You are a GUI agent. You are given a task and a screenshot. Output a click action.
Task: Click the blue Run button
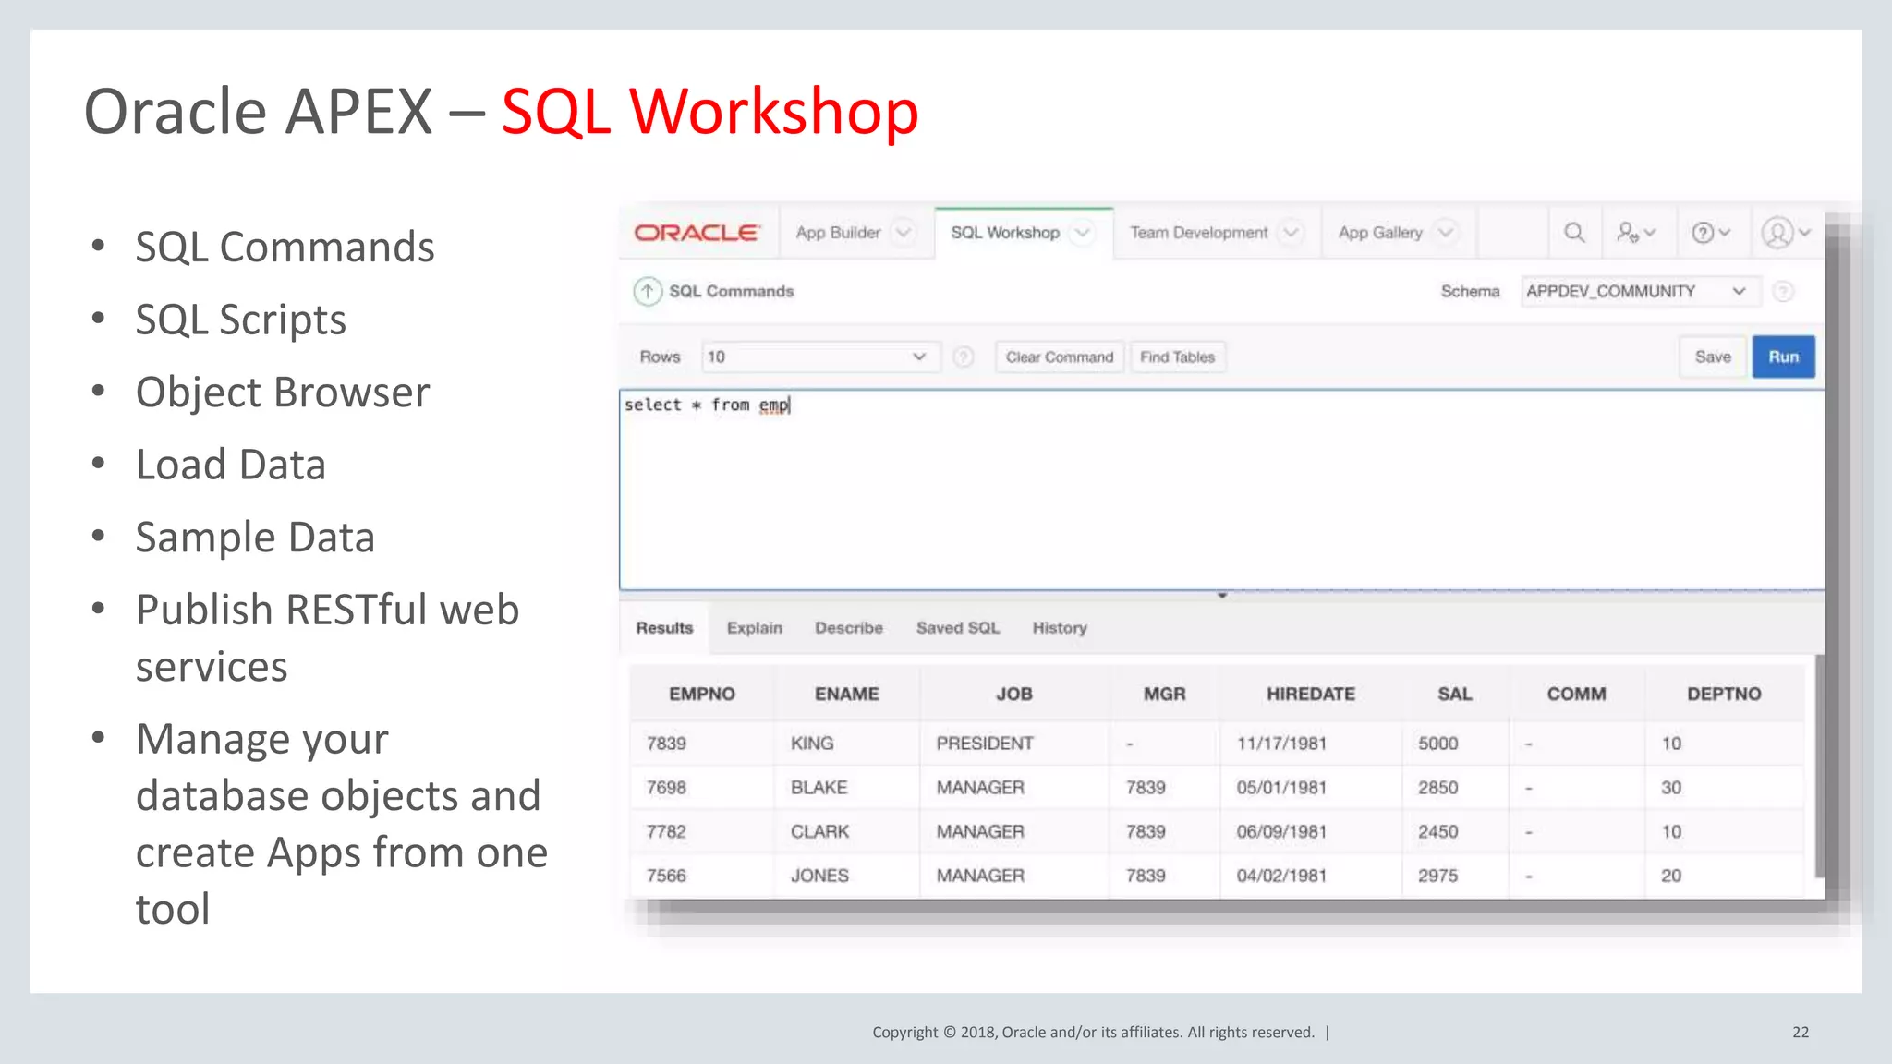[x=1783, y=357]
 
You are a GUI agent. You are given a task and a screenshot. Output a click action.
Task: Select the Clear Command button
[x=1059, y=357]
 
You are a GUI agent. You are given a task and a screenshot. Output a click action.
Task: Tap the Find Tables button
[x=1177, y=357]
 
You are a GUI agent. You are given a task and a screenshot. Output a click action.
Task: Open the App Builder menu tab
[x=838, y=233]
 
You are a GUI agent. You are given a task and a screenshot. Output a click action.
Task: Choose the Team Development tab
[x=1198, y=233]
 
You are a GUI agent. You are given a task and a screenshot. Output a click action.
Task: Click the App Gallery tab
[x=1380, y=233]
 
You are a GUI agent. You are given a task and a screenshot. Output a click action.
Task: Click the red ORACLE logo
[x=697, y=233]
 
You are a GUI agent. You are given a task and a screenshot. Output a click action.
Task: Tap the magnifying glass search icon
[x=1574, y=233]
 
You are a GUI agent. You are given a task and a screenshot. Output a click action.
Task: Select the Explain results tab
[x=754, y=628]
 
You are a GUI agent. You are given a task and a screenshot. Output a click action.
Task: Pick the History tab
[x=1059, y=628]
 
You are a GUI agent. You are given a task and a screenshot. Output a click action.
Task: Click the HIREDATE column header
[x=1310, y=695]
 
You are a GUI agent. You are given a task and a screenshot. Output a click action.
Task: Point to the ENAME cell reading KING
[x=812, y=744]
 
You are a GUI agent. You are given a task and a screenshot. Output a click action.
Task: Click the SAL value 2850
[x=1437, y=788]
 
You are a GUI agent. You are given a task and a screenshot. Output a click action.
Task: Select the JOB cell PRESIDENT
[x=985, y=744]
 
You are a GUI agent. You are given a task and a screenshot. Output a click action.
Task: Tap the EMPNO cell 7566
[x=666, y=876]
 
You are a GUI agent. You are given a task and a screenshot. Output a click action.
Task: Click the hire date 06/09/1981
[x=1281, y=832]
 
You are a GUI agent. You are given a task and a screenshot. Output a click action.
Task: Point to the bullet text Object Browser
[x=283, y=393]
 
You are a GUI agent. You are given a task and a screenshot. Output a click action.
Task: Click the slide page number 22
[x=1801, y=1033]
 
